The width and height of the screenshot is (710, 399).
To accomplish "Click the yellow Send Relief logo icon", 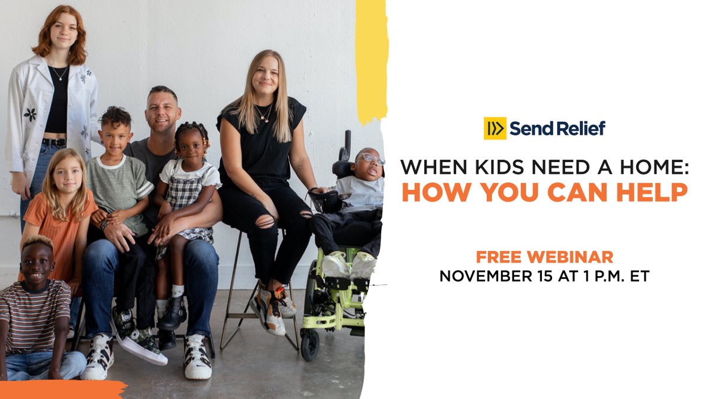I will point(495,128).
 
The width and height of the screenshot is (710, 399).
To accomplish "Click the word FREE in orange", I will point(501,257).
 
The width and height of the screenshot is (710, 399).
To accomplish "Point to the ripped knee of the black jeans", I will point(264,221).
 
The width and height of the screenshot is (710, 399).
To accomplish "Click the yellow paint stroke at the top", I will point(372,59).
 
